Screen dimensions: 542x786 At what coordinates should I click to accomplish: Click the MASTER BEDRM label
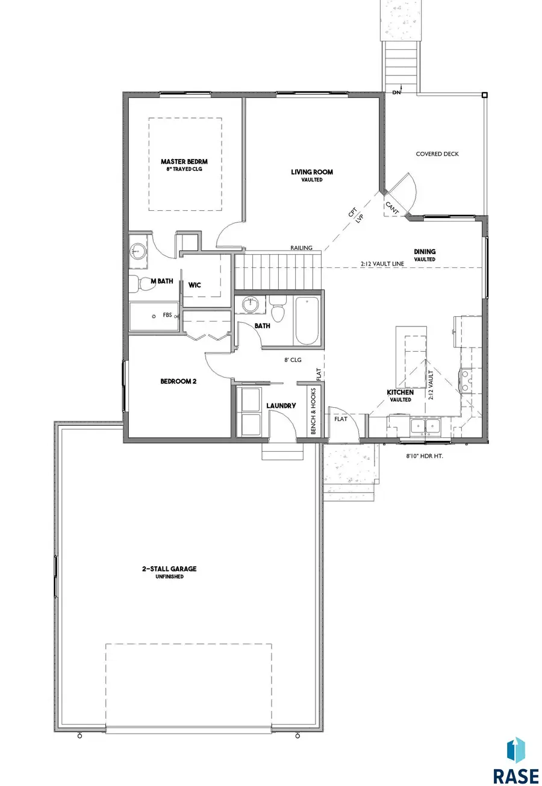click(184, 161)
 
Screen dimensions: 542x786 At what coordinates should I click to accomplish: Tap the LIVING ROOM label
click(312, 172)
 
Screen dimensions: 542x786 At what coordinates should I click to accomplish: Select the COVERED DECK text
click(437, 154)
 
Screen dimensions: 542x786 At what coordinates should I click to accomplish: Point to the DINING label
click(425, 252)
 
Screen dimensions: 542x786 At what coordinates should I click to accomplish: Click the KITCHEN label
click(400, 392)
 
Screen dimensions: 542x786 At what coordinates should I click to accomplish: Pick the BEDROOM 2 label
click(178, 381)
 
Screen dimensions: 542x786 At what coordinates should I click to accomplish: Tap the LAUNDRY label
click(281, 405)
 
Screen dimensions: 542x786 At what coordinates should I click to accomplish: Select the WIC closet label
click(195, 285)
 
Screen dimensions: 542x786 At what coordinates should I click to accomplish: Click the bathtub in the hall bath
click(307, 320)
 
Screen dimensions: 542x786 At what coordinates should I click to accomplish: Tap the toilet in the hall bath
click(278, 309)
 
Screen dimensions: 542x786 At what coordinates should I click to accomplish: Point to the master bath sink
click(137, 251)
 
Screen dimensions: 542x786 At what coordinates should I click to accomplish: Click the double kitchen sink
click(425, 427)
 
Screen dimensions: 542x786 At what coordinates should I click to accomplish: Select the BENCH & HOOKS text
click(313, 411)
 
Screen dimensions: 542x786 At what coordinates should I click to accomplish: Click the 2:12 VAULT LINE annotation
click(382, 264)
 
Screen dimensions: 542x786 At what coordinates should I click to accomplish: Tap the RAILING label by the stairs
click(301, 248)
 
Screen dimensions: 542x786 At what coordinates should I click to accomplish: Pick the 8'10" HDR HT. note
click(425, 457)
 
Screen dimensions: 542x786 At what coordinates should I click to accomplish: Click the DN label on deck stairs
click(396, 93)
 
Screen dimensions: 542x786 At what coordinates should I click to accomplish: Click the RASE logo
click(516, 760)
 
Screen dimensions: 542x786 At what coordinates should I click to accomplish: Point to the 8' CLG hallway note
click(293, 360)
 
